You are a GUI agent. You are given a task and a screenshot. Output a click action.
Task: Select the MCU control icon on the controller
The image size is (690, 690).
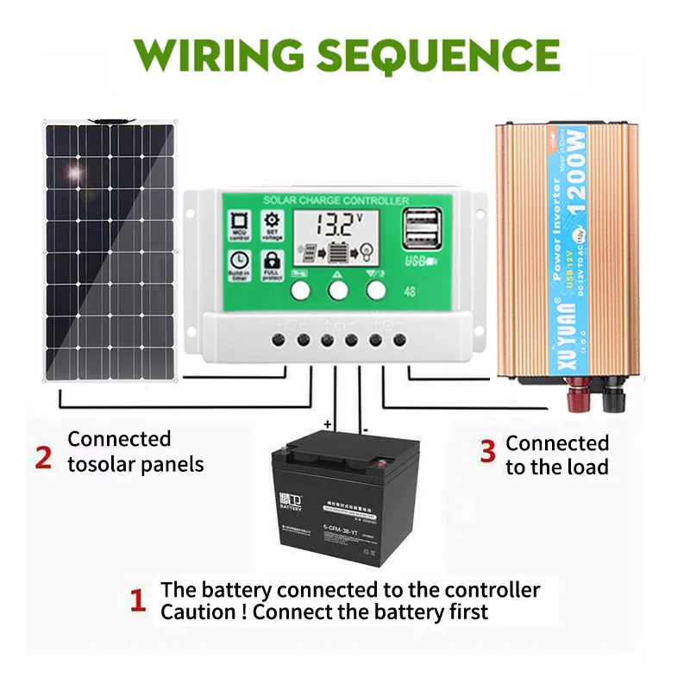click(x=240, y=223)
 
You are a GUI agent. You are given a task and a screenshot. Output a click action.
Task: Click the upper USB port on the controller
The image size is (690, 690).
click(x=424, y=220)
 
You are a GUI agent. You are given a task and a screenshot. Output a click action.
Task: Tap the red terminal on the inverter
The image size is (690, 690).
click(x=572, y=400)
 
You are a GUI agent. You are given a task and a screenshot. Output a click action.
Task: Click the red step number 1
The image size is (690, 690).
click(x=137, y=600)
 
